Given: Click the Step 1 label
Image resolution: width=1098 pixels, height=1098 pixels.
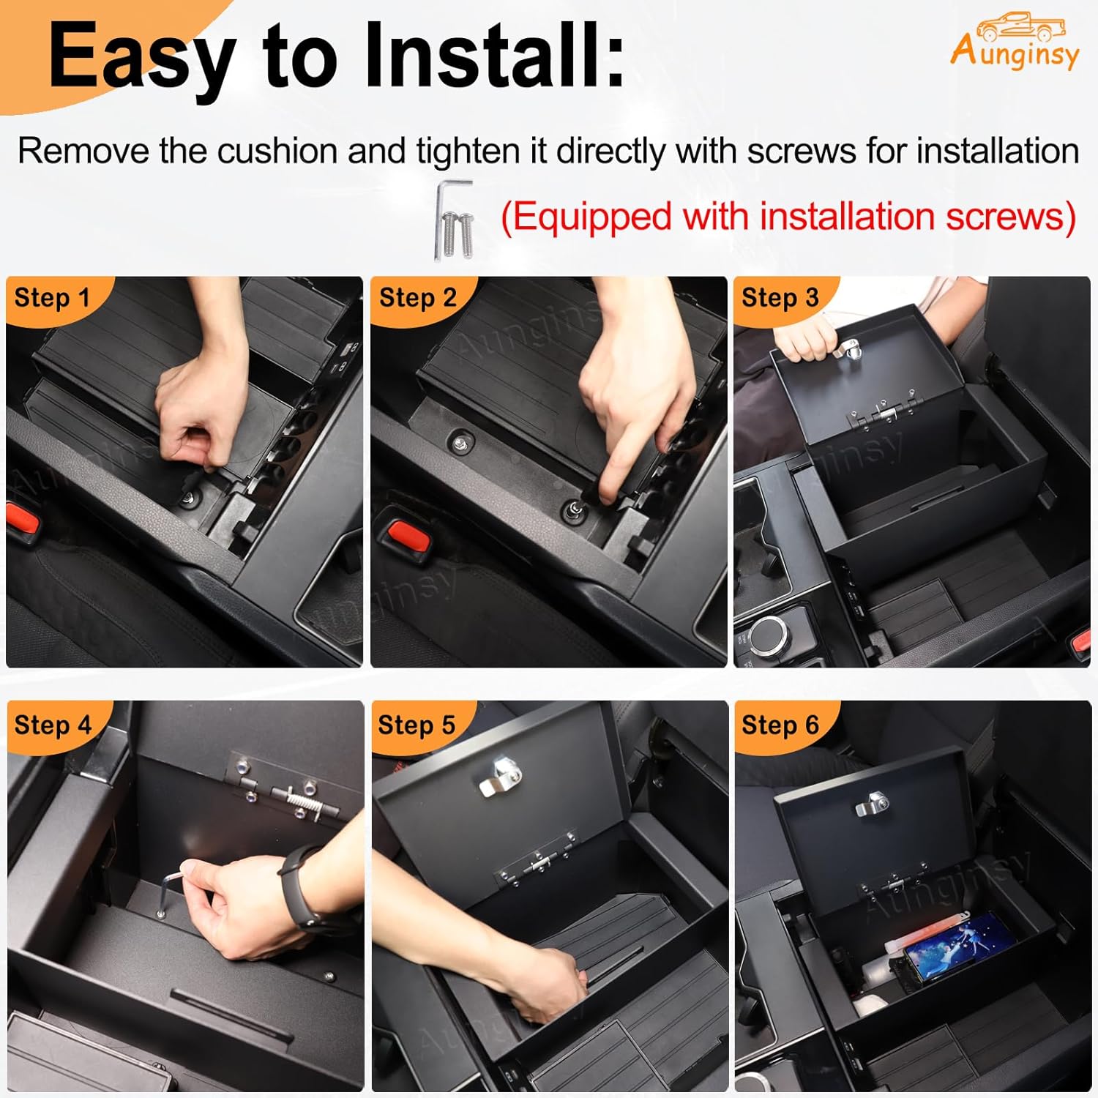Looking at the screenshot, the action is click(51, 299).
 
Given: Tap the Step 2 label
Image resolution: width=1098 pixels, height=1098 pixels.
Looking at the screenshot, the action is click(417, 299).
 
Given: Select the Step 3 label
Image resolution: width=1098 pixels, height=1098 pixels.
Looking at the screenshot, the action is click(780, 299).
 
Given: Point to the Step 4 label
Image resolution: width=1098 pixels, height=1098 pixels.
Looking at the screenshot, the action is click(53, 725).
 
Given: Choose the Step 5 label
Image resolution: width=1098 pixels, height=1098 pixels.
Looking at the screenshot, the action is click(417, 725).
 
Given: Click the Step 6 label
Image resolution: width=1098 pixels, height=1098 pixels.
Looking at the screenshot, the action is click(780, 725).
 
